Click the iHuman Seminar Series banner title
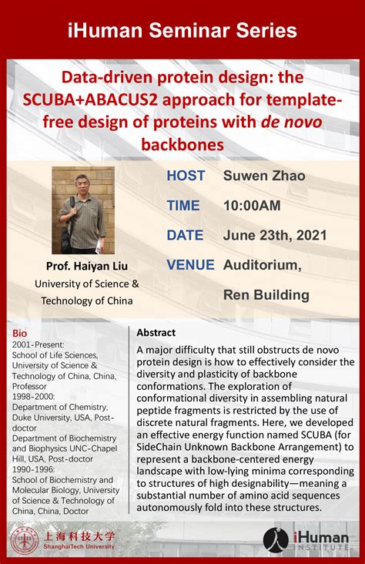[182, 31]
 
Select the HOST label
[186, 176]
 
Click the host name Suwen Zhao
[264, 176]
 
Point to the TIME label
[183, 206]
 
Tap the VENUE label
[190, 265]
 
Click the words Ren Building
[266, 294]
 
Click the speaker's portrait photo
[83, 210]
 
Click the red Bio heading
[19, 333]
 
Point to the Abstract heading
[156, 333]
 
